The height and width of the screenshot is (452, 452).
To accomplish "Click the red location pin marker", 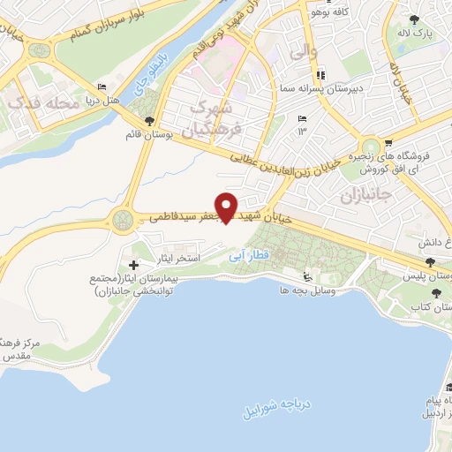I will pos(227,207).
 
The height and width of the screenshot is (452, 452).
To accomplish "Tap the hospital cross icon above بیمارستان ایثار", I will pos(133,265).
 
